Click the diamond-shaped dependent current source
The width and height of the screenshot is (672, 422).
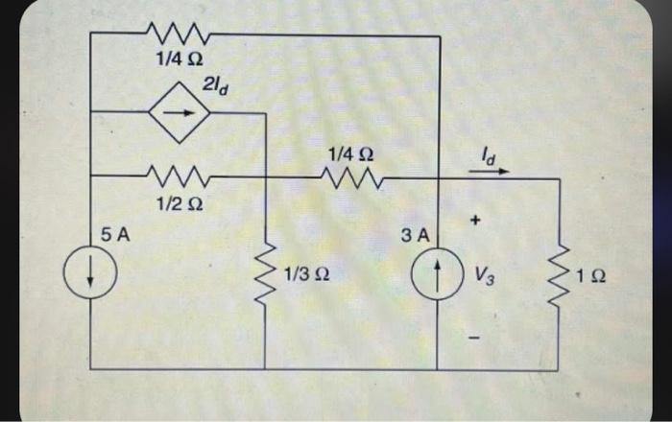tap(180, 112)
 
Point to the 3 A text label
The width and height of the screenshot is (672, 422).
tap(420, 234)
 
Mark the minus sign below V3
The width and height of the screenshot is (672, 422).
tap(475, 337)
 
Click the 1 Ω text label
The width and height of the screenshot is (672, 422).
tap(591, 277)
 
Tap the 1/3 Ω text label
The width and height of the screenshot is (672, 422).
tap(308, 277)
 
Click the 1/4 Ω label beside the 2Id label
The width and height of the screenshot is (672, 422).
tap(178, 59)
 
